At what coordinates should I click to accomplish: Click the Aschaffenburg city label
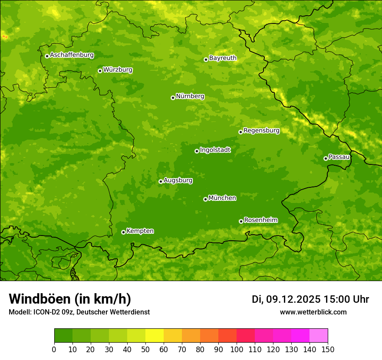tap(72, 55)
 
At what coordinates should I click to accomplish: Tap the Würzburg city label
tap(118, 70)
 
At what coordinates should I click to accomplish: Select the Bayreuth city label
tap(223, 58)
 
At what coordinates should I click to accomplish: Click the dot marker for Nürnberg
tap(173, 98)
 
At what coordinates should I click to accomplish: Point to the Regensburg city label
tap(261, 131)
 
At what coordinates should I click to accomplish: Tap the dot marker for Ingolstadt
tap(197, 151)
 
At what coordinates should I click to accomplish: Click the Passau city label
tap(339, 157)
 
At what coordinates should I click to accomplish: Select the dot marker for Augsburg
tap(161, 181)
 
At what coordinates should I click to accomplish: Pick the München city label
tap(222, 198)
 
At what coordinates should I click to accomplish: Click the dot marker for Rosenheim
tap(241, 221)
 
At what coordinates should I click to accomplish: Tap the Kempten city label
tap(140, 231)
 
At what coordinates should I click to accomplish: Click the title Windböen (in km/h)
tap(69, 299)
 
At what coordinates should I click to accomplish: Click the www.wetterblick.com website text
tap(313, 312)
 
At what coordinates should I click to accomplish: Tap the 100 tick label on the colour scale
tap(237, 350)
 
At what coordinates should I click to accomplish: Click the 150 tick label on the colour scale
tap(328, 350)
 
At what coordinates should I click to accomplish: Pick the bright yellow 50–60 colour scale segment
tap(155, 336)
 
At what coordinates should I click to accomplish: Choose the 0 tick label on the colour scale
tap(54, 350)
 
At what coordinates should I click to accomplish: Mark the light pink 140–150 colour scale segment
tap(319, 336)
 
